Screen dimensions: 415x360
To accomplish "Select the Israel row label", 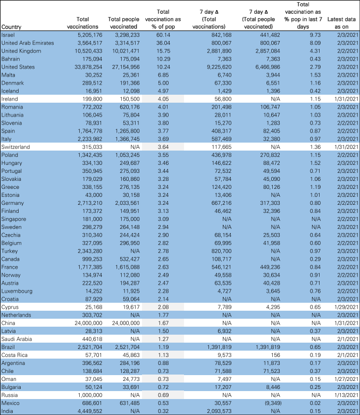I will [x=8, y=35].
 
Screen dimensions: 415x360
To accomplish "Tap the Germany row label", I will [x=12, y=203].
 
